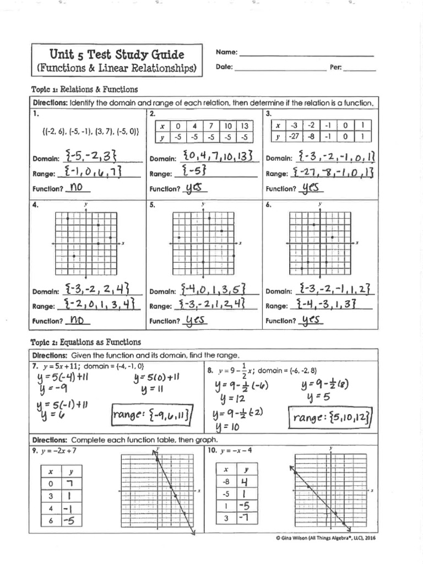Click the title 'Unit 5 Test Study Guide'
(117, 55)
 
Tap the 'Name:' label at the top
(226, 52)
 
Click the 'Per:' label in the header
(336, 68)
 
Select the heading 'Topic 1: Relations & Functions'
(85, 89)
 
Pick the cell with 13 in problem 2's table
(245, 126)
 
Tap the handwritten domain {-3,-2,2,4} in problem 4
(96, 289)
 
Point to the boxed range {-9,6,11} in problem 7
(150, 417)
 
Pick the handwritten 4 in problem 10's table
(246, 482)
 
